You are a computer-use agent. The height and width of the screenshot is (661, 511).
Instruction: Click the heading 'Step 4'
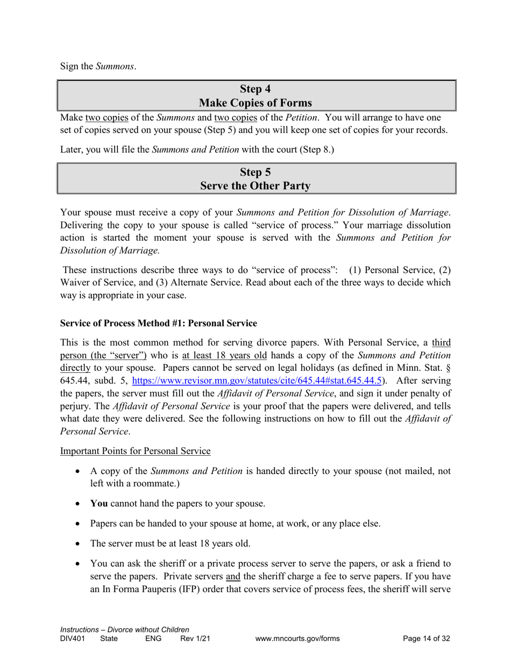(x=256, y=89)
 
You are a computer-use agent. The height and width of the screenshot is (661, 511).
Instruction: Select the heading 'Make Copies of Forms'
(x=256, y=103)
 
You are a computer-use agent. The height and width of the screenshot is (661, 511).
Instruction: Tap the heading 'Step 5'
(x=256, y=172)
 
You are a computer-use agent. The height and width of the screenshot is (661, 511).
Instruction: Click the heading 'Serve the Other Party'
(x=256, y=186)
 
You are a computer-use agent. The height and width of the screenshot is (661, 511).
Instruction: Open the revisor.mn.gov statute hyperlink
(x=257, y=380)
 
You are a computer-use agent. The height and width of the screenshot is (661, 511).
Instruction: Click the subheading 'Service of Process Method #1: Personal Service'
(x=158, y=323)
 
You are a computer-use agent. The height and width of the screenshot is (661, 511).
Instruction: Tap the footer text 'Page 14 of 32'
(x=427, y=639)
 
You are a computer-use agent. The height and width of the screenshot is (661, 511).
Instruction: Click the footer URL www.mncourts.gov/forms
(x=298, y=639)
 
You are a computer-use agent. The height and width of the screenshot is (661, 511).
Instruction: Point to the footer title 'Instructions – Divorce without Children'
(x=125, y=629)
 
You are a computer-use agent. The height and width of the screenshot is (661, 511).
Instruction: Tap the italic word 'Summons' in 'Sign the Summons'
(x=115, y=67)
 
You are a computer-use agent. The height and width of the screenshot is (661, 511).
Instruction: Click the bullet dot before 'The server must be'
(x=79, y=543)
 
